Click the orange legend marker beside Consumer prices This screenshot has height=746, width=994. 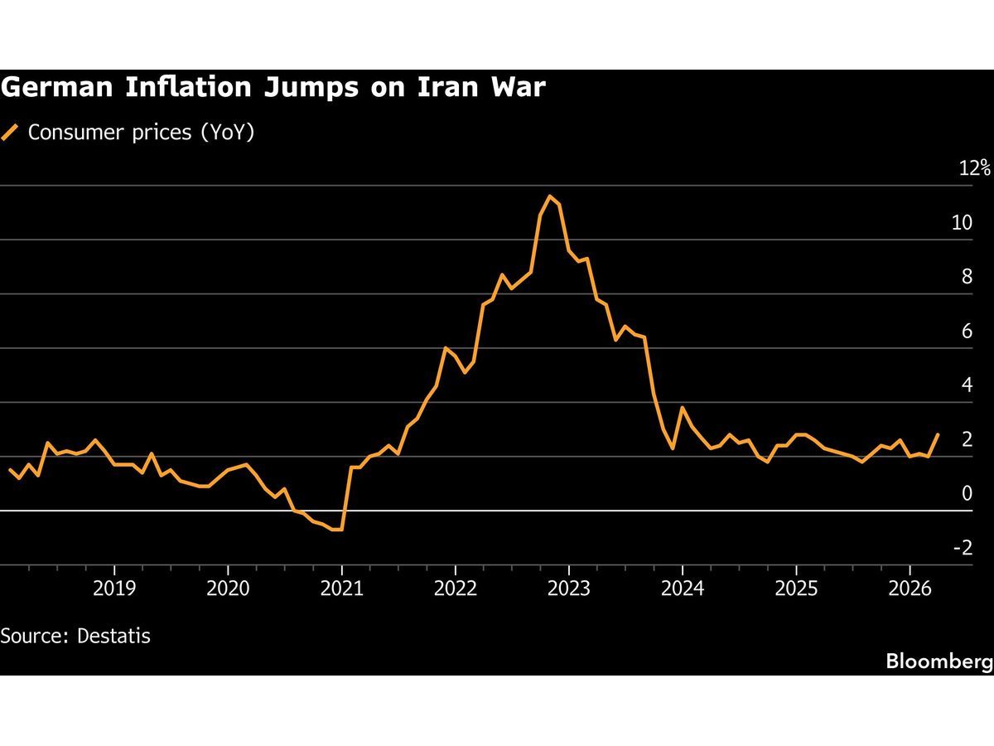pyautogui.click(x=11, y=133)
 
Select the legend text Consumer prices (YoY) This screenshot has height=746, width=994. pyautogui.click(x=141, y=133)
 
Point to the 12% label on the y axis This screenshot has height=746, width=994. pyautogui.click(x=974, y=168)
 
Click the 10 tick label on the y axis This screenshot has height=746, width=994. pyautogui.click(x=962, y=222)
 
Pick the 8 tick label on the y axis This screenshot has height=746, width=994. pyautogui.click(x=967, y=277)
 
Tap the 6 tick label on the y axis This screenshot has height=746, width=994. pyautogui.click(x=967, y=332)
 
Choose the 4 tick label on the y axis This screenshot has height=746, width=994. pyautogui.click(x=967, y=385)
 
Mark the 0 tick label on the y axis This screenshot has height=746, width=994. pyautogui.click(x=967, y=494)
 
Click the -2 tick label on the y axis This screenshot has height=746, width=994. pyautogui.click(x=963, y=548)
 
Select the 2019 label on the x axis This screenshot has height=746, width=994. pyautogui.click(x=113, y=589)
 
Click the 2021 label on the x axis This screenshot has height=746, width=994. pyautogui.click(x=341, y=589)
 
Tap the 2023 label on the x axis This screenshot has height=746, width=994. pyautogui.click(x=569, y=589)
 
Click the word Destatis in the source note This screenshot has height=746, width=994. pyautogui.click(x=113, y=637)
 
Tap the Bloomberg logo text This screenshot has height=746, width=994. pyautogui.click(x=939, y=661)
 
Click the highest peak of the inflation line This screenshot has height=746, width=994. pyautogui.click(x=549, y=196)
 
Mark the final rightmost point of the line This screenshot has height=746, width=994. pyautogui.click(x=938, y=434)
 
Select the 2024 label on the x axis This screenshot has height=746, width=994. pyautogui.click(x=683, y=589)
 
